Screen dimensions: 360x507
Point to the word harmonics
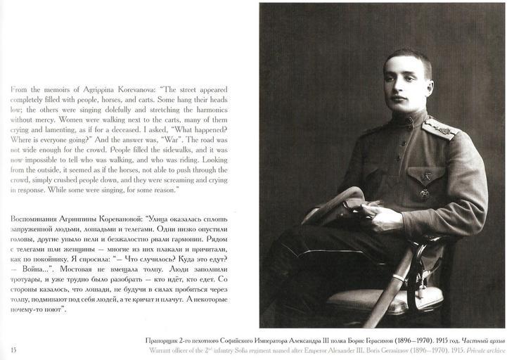pos(212,110)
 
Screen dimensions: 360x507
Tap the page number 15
pos(13,349)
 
